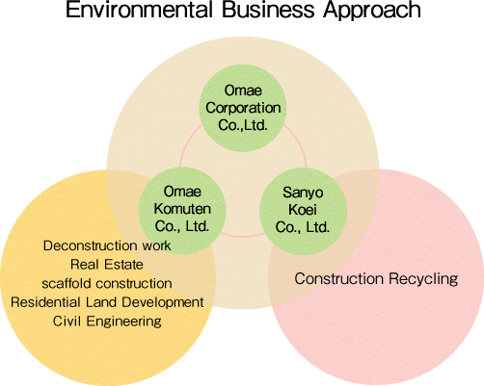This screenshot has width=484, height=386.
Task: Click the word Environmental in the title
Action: coord(139,9)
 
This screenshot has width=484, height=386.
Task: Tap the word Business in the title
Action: coord(268,9)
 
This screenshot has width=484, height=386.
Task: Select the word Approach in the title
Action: coord(372,11)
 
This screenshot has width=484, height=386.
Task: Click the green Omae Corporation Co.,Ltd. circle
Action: coord(243,108)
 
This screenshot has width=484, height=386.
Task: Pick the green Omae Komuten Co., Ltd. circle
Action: coord(182,211)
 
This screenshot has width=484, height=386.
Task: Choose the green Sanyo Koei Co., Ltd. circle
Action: coord(303,212)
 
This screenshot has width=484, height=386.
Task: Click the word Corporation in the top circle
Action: coord(243,108)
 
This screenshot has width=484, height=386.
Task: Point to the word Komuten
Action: coord(182,209)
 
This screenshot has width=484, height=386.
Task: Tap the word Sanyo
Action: coord(303,193)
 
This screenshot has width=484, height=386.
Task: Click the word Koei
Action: coord(303,210)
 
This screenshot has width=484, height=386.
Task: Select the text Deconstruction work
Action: coord(107,245)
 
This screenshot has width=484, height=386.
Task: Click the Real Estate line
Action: coord(107,265)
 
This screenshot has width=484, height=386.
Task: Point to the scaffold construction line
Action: coord(107,283)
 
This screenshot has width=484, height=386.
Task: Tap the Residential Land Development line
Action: coord(107,302)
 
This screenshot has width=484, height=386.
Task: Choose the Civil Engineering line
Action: coord(107,322)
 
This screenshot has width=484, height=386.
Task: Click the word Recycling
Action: coord(423,279)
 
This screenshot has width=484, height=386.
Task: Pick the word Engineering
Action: coord(123,322)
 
